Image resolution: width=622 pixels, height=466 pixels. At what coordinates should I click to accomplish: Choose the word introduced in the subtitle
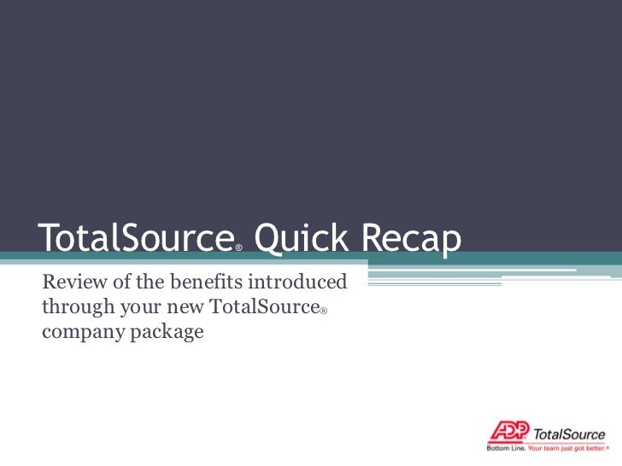(297, 282)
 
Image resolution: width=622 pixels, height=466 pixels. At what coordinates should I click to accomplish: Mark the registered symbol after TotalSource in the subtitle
(325, 312)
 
